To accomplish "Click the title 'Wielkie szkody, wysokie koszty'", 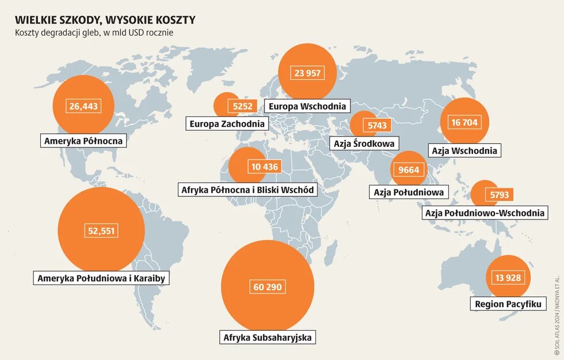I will [x=105, y=20].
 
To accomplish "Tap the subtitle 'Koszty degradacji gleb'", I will [x=94, y=33].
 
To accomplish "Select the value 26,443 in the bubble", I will [x=83, y=106].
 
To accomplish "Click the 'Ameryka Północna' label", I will [x=84, y=140].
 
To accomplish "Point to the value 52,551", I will [x=101, y=231].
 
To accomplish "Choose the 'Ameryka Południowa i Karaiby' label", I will [x=101, y=279].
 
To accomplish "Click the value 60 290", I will [x=268, y=286].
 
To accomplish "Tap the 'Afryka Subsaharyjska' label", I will [x=268, y=338].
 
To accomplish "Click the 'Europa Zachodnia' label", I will [x=227, y=123].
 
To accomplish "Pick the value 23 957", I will [x=307, y=73].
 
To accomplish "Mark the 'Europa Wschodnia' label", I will [x=307, y=106].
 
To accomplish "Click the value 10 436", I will [x=265, y=167].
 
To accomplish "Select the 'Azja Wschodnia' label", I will [x=464, y=151].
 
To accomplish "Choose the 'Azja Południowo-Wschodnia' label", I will [x=484, y=213].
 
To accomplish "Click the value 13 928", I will [x=508, y=278].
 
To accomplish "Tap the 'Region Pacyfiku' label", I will [x=508, y=304].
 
